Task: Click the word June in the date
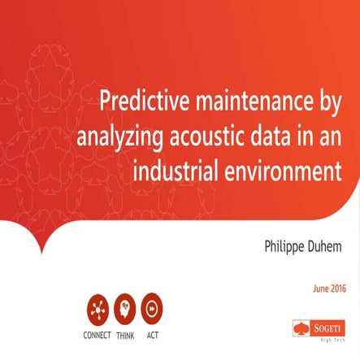(322, 288)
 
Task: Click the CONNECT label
(98, 333)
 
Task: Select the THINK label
(125, 333)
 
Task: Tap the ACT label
(152, 333)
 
